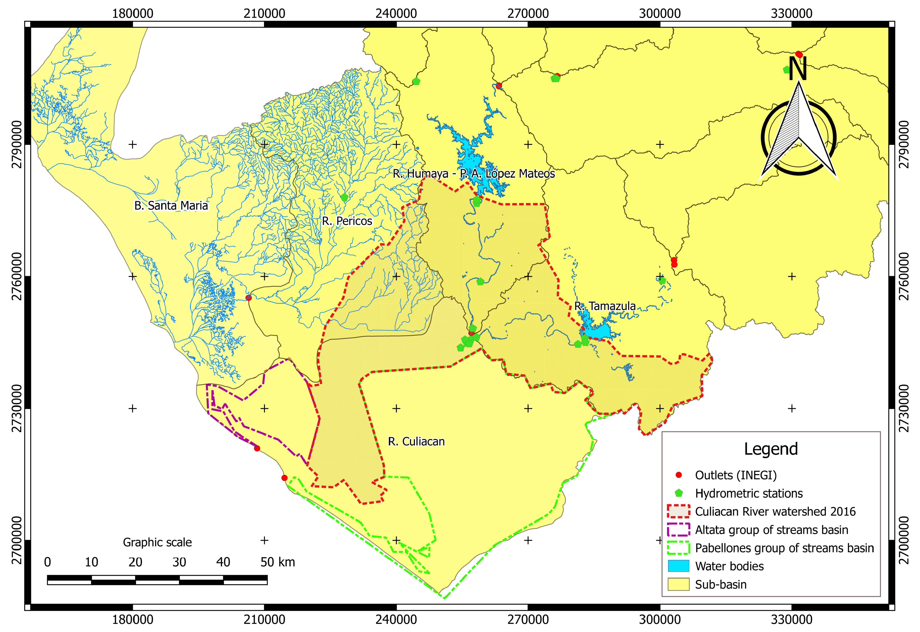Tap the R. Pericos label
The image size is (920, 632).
347,221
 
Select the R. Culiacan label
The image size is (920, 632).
416,442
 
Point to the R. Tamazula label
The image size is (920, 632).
605,306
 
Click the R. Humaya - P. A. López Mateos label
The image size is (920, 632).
474,173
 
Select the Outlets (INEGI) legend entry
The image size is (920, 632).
736,475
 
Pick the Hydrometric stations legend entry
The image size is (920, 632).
749,493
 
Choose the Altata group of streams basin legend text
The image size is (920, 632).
771,530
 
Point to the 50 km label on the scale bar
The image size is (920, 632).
277,562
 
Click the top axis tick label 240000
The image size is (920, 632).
396,13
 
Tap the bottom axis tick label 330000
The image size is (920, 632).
791,619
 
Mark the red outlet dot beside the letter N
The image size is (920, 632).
799,54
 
